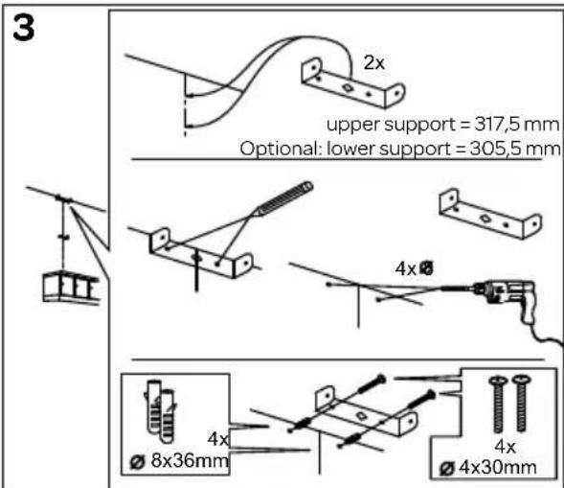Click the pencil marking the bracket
[283, 200]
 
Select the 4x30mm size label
[492, 468]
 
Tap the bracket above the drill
[484, 212]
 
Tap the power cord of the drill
[543, 332]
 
